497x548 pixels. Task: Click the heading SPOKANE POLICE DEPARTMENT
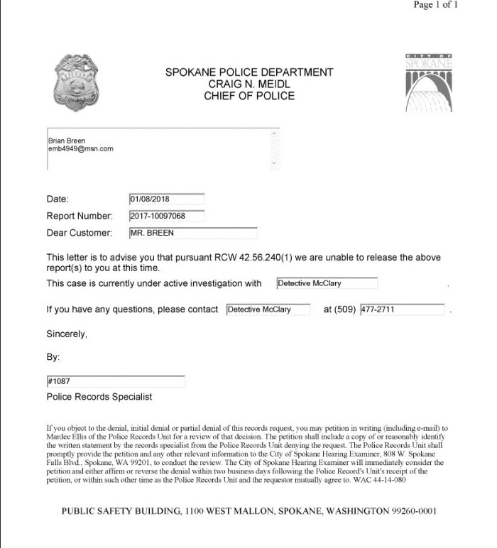pos(248,72)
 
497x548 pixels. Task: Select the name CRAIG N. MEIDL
pos(248,84)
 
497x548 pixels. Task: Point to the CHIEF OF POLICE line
pos(248,95)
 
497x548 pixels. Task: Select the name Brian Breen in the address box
pos(66,141)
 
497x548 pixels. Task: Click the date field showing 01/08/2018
pos(167,199)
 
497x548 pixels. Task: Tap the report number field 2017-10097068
pos(167,216)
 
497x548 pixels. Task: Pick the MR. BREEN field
pos(192,233)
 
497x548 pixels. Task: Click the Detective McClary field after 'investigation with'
pos(327,284)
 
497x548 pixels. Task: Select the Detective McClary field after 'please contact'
pos(268,309)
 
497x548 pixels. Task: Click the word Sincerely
pos(67,333)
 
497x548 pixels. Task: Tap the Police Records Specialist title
pos(99,397)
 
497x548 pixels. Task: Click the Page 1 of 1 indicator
pos(437,5)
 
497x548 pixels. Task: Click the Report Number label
pos(80,216)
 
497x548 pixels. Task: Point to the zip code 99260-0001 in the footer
pos(408,511)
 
